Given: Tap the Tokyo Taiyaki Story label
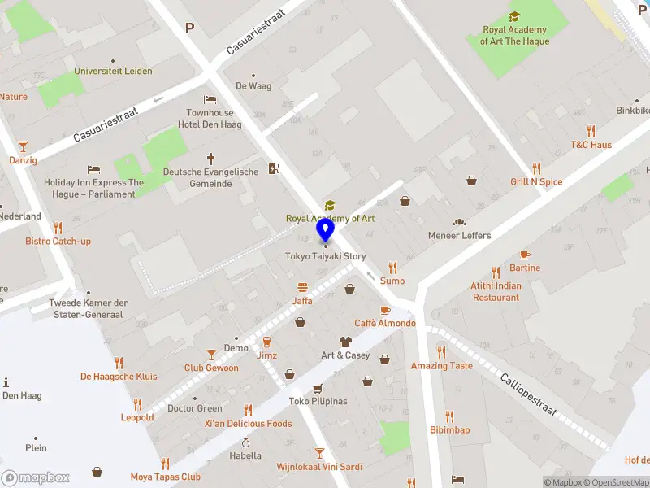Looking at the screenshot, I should (x=325, y=256).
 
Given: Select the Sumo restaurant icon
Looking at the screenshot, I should (x=392, y=267).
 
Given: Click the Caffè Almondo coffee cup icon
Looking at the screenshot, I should (x=384, y=311).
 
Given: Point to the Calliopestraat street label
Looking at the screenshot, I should (x=528, y=394).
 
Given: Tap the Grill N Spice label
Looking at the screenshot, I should (x=536, y=181).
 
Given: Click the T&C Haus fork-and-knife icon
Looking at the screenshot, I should (x=591, y=130).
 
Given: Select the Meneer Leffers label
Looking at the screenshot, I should (x=460, y=236).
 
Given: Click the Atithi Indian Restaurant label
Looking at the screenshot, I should (x=496, y=291).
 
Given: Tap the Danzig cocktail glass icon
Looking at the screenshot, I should (x=23, y=146).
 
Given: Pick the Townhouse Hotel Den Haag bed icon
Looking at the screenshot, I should (x=210, y=99).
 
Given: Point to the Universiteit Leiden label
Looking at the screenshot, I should (x=113, y=71).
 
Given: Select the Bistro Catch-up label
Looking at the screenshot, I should (x=58, y=241).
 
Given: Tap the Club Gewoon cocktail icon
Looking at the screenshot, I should (x=211, y=354).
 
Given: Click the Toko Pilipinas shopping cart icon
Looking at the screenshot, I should (x=318, y=388).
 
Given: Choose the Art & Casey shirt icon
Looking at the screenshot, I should (x=345, y=342).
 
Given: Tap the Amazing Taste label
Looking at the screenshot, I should (x=441, y=366).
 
